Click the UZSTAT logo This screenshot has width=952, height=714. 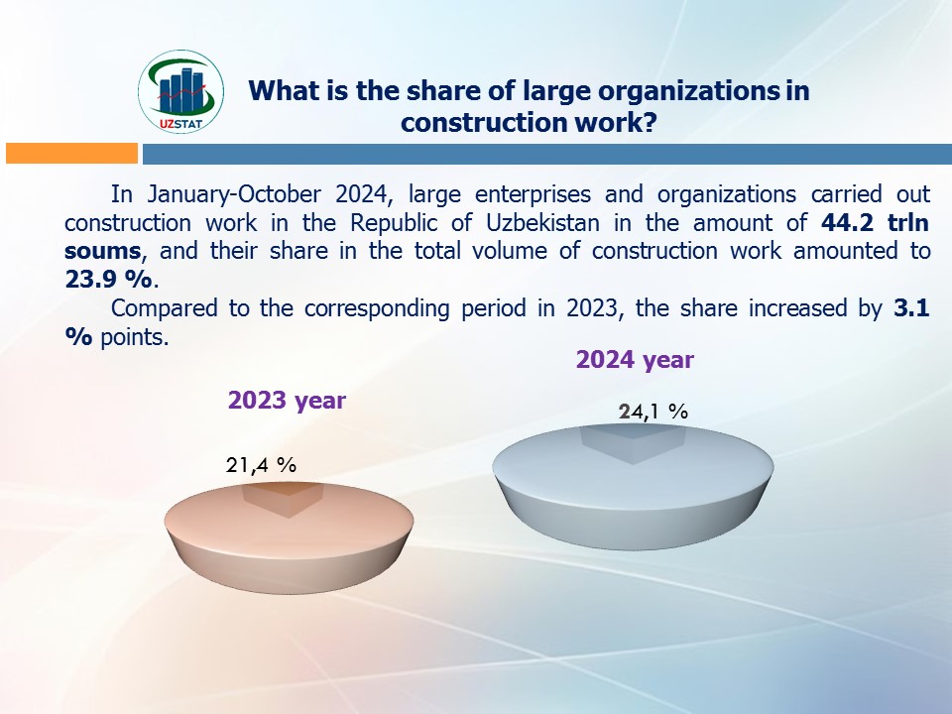coord(180,91)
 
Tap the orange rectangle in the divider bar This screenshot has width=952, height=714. coord(71,153)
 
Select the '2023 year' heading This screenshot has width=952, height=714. coord(287,401)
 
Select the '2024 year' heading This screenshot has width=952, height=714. coord(635,360)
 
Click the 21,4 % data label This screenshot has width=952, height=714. coord(261,465)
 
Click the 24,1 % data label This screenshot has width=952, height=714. coord(654,412)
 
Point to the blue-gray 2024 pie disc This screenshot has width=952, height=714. coord(633,487)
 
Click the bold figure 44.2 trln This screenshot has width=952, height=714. coord(875,223)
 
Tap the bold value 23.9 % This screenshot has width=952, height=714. coord(108,280)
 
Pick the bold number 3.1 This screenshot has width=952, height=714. coord(911,307)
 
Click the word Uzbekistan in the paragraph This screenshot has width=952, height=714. coord(542,223)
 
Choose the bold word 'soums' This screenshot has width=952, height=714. coord(102,251)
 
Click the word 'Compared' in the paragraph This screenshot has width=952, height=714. coord(164,308)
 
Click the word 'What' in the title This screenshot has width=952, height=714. coord(280,91)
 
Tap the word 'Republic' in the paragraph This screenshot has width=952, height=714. coord(394,223)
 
